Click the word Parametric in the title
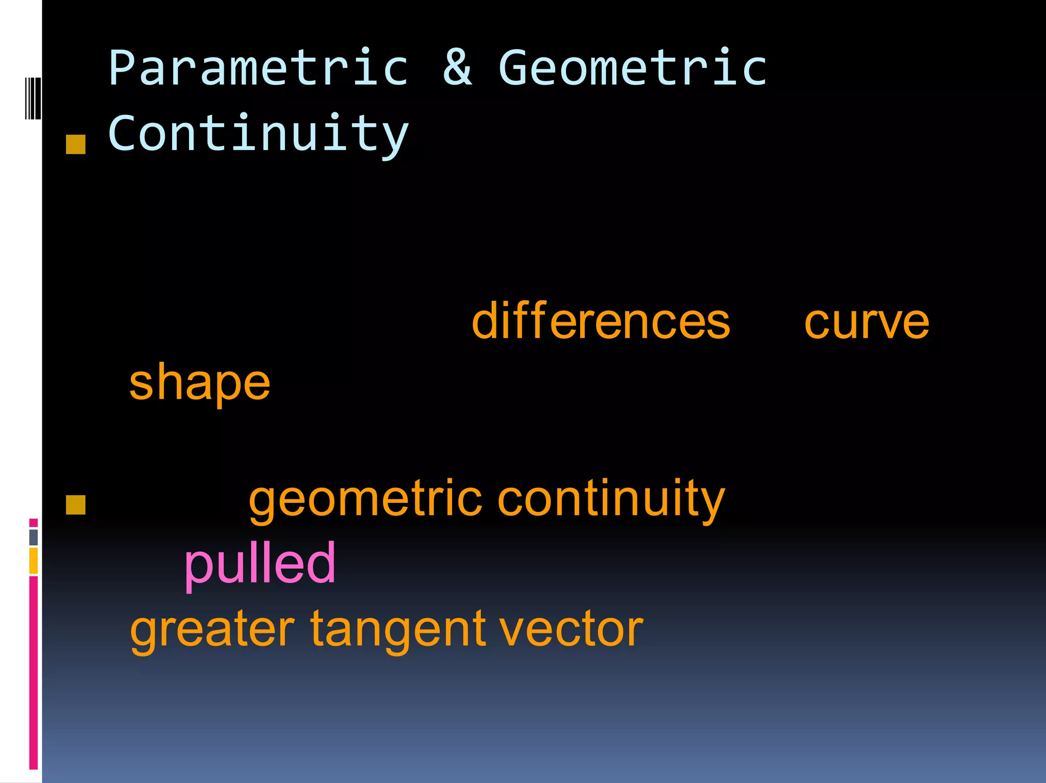(258, 68)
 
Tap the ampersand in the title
(457, 68)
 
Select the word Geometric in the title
(632, 68)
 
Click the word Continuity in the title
(258, 134)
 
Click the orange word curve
(866, 323)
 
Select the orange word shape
(200, 384)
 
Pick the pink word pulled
(259, 564)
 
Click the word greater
(212, 630)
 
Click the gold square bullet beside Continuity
(76, 144)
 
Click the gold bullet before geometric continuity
(76, 505)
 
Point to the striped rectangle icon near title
(33, 98)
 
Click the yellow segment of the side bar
(33, 561)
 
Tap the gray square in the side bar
(33, 537)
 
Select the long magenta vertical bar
(33, 673)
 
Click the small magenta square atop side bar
(33, 523)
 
